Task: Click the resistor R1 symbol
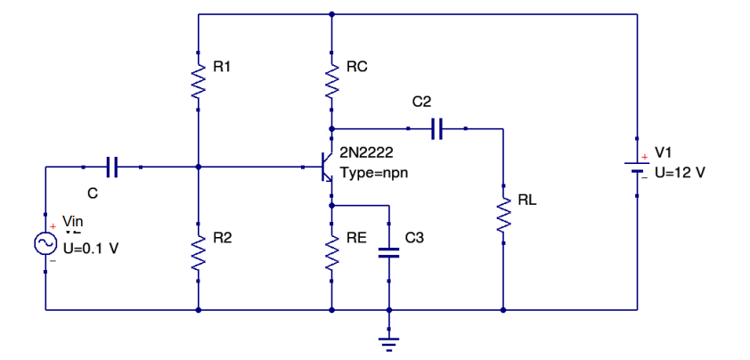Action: coord(198,82)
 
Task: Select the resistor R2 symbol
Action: coord(198,253)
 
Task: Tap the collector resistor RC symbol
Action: coord(331,82)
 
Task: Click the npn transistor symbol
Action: coord(326,166)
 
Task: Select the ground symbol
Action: coord(388,340)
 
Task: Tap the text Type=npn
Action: coord(374,171)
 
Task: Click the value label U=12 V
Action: coord(680,171)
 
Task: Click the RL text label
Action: coord(527,200)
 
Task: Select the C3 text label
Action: coord(415,238)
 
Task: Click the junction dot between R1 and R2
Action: coord(198,166)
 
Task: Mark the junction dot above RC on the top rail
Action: coord(331,14)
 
